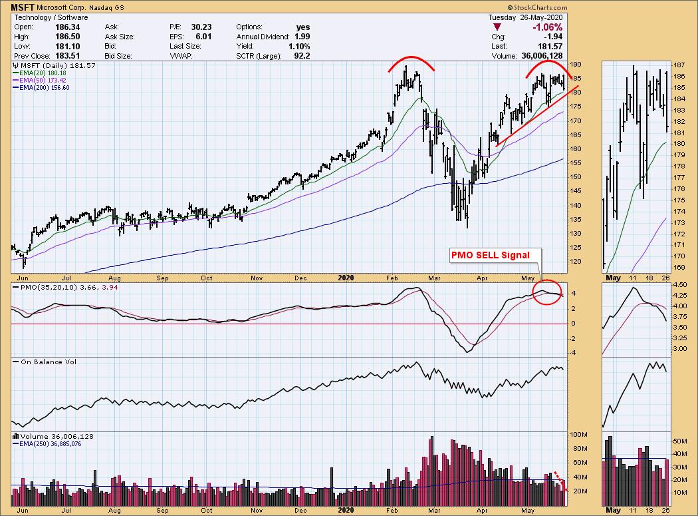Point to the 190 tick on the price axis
pos(576,65)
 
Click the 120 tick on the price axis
pos(576,262)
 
